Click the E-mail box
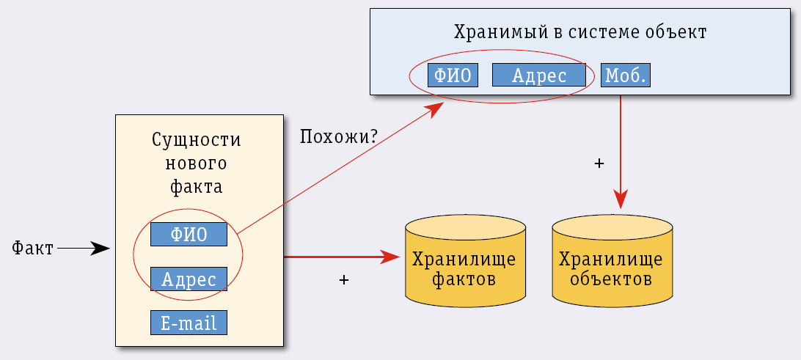coord(189,323)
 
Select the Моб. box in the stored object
coord(626,76)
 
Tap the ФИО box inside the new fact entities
coord(189,235)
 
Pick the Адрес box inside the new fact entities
coord(189,279)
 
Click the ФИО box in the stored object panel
coord(453,76)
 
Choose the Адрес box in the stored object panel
coord(538,76)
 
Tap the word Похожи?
coord(339,136)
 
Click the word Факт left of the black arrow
coord(33,249)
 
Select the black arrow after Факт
coord(83,249)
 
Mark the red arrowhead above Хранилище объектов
coord(621,198)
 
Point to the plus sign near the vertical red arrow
coord(599,164)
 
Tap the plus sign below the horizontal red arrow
coord(343,280)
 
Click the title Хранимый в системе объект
coord(579,32)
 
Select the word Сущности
coord(196,140)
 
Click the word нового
coord(196,163)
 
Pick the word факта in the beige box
coord(196,186)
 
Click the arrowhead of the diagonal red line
coord(436,109)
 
